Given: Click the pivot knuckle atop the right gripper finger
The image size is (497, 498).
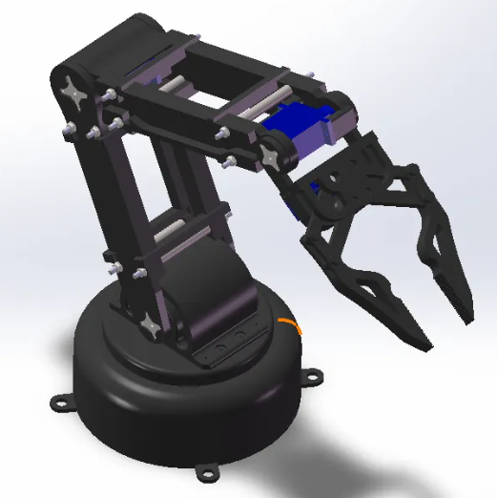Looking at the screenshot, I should click(410, 176).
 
